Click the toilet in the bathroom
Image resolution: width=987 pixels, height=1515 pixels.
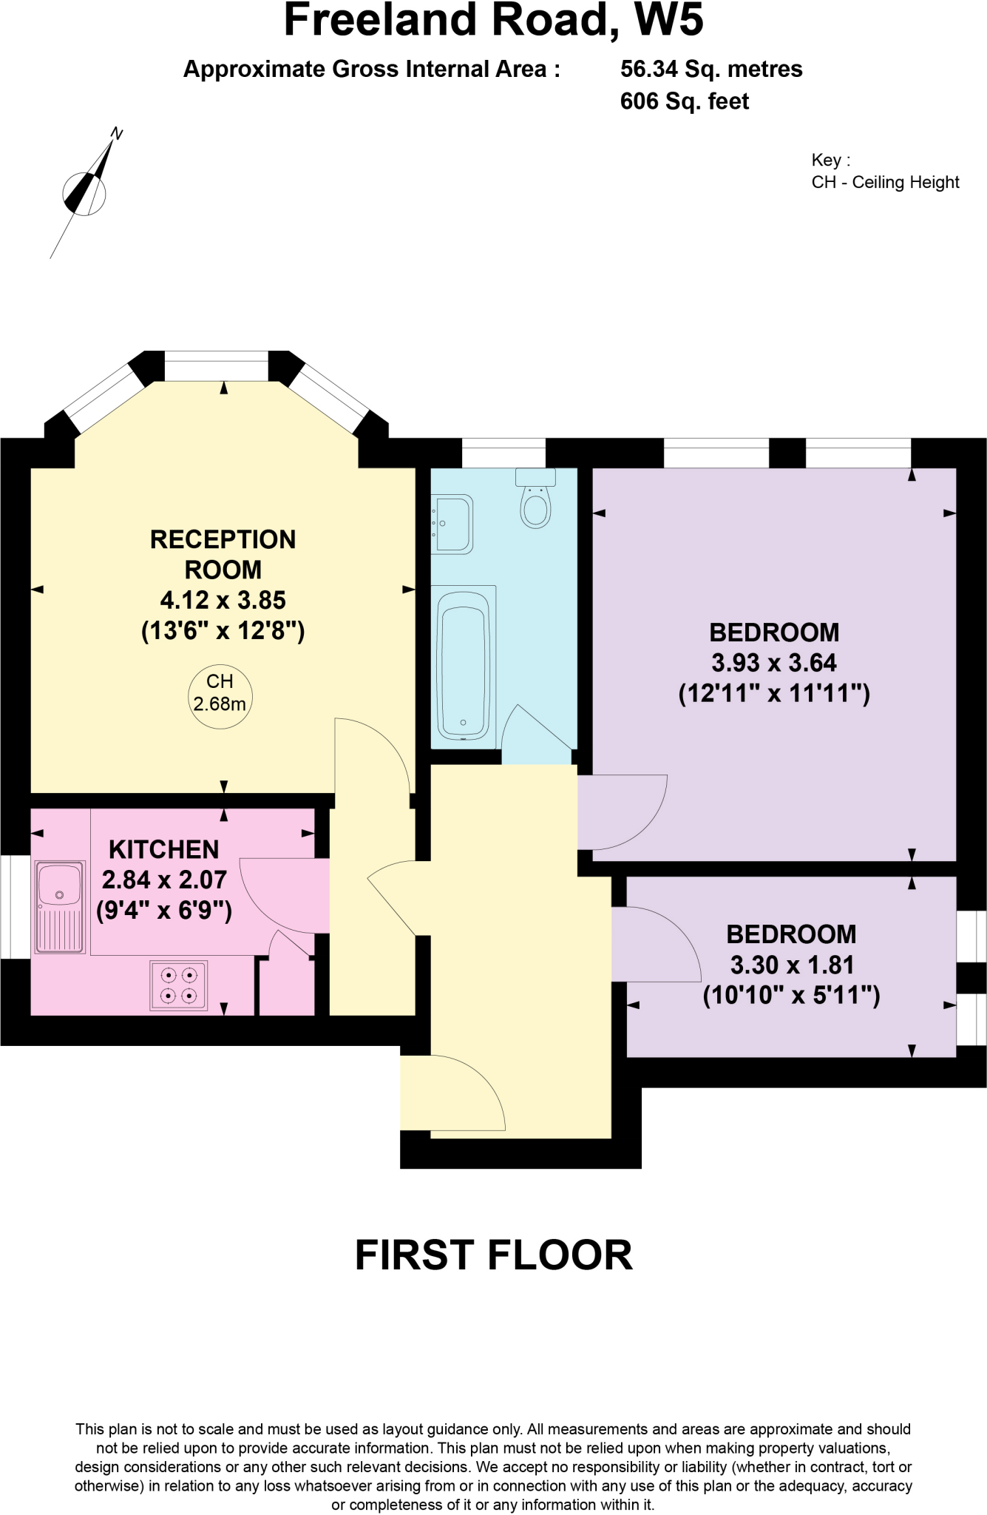point(535,502)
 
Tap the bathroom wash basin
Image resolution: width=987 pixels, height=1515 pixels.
point(452,524)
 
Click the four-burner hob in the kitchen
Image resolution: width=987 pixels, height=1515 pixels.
point(179,985)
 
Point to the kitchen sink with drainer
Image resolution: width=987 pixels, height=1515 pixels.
point(60,906)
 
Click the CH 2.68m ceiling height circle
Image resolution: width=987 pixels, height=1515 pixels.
point(220,692)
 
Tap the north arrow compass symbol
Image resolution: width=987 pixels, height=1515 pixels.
point(87,190)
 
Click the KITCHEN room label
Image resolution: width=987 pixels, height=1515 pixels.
point(163,849)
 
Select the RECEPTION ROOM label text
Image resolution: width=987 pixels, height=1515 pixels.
point(223,554)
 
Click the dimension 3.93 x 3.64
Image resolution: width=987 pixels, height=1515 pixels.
point(774,663)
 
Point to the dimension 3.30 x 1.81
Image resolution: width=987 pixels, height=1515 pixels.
point(792,965)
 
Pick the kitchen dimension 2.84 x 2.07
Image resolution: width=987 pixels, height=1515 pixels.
point(164,880)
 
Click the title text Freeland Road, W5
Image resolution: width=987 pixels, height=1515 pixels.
point(493,21)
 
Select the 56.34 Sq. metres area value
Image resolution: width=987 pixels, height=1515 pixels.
point(711,69)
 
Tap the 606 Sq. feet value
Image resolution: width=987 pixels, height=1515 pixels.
point(685,101)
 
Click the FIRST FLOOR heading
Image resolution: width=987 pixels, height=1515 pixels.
point(493,1255)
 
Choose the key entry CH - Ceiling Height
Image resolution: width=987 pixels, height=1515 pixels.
point(885,183)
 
